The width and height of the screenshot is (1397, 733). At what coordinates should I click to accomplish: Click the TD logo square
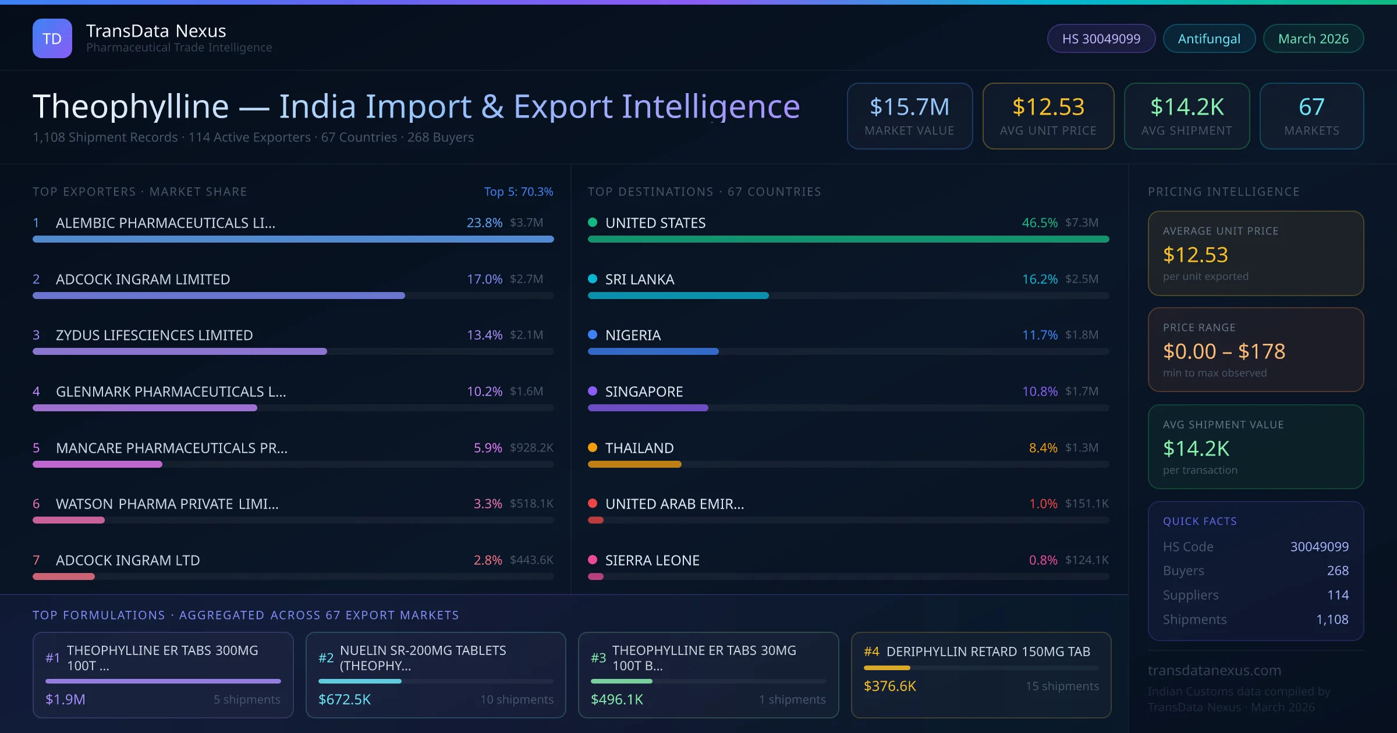pyautogui.click(x=52, y=38)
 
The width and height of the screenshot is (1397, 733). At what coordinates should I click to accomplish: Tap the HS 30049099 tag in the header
pyautogui.click(x=1101, y=38)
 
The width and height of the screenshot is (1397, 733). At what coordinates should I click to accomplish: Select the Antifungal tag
pyautogui.click(x=1208, y=38)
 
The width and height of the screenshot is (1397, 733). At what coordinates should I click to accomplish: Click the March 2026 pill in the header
pyautogui.click(x=1313, y=38)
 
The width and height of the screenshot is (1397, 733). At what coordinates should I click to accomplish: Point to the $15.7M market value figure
pyautogui.click(x=909, y=107)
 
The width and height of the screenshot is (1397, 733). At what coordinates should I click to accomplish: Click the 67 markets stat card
pyautogui.click(x=1311, y=116)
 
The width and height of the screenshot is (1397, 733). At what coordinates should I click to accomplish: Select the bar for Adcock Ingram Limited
pyautogui.click(x=218, y=296)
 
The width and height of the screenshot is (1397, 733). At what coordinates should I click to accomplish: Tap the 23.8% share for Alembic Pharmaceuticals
pyautogui.click(x=484, y=223)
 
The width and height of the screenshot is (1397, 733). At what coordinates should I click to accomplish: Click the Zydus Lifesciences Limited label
pyautogui.click(x=154, y=335)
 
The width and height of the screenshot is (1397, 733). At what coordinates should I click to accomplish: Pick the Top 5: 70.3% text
pyautogui.click(x=518, y=191)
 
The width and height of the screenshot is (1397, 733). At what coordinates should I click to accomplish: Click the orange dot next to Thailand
pyautogui.click(x=593, y=447)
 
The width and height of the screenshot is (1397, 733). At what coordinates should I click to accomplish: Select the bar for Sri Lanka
pyautogui.click(x=678, y=296)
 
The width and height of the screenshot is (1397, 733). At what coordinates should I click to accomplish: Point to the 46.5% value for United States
pyautogui.click(x=1039, y=223)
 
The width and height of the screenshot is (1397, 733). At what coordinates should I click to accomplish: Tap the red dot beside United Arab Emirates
pyautogui.click(x=593, y=503)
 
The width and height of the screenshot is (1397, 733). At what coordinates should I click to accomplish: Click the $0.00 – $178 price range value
pyautogui.click(x=1224, y=351)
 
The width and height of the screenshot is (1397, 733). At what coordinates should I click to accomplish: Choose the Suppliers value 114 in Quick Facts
pyautogui.click(x=1337, y=595)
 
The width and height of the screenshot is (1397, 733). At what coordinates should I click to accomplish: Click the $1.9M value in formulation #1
pyautogui.click(x=65, y=699)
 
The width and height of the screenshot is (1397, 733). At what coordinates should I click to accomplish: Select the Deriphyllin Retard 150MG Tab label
pyautogui.click(x=988, y=652)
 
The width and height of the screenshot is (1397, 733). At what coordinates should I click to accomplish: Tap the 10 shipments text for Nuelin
pyautogui.click(x=516, y=699)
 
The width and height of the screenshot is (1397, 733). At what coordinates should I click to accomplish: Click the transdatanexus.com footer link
pyautogui.click(x=1214, y=670)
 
